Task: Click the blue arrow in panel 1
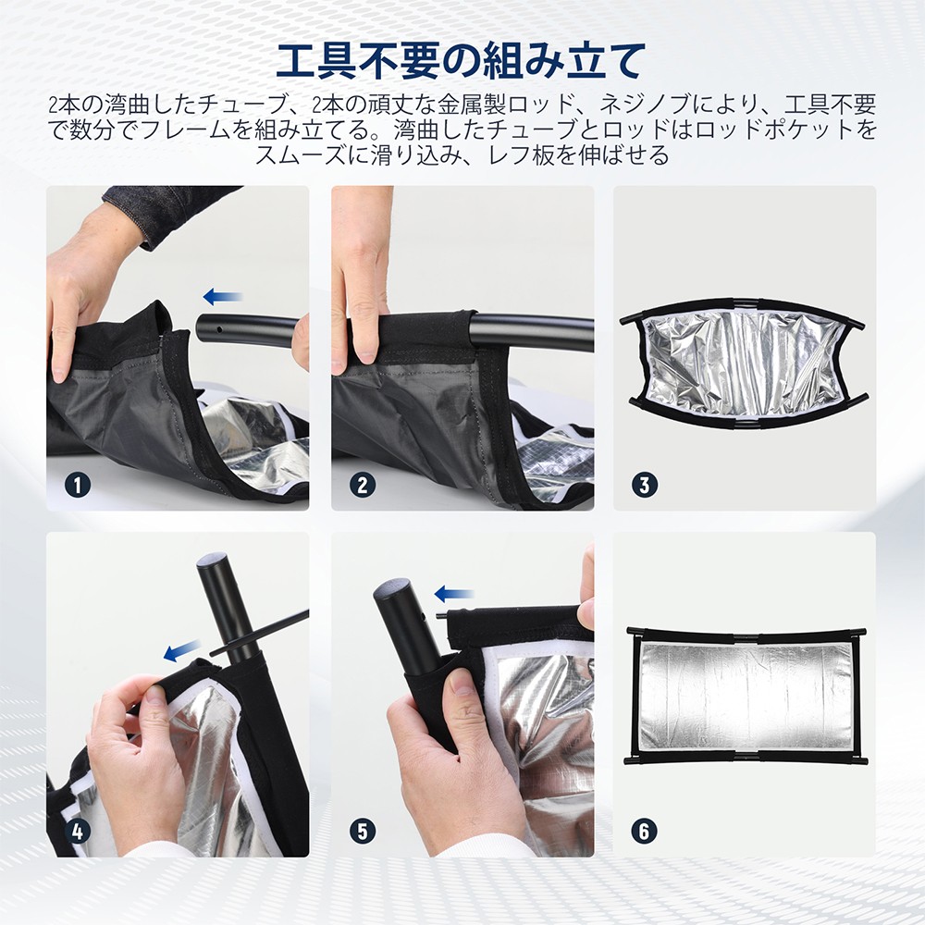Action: point(222,297)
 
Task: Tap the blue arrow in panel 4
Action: point(181,653)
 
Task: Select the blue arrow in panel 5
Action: point(453,593)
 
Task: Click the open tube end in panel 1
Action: point(205,329)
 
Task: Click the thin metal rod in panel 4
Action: point(268,634)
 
